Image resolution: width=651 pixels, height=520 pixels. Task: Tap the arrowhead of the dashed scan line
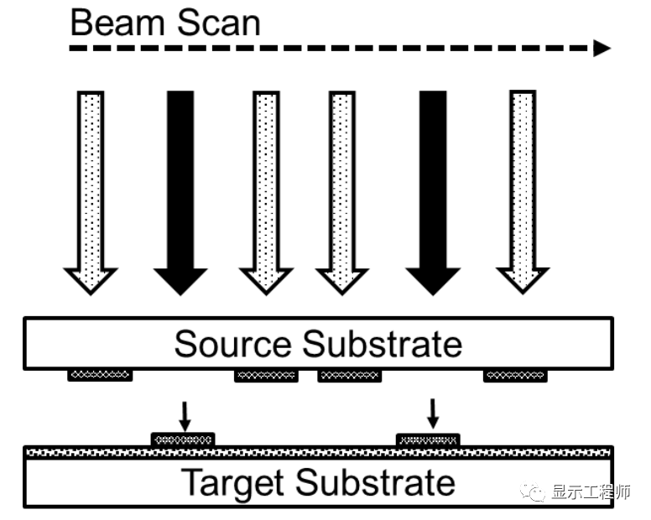tap(602, 48)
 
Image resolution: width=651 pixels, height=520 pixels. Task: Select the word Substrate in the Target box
tap(377, 483)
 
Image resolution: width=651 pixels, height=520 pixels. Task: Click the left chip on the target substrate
tap(183, 439)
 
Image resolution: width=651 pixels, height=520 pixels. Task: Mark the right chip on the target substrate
tap(428, 439)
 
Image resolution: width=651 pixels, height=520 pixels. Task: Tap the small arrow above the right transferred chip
tap(433, 412)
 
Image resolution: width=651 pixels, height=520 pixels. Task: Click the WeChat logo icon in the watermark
tap(534, 491)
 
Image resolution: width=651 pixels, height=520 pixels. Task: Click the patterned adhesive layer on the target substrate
tap(319, 452)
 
